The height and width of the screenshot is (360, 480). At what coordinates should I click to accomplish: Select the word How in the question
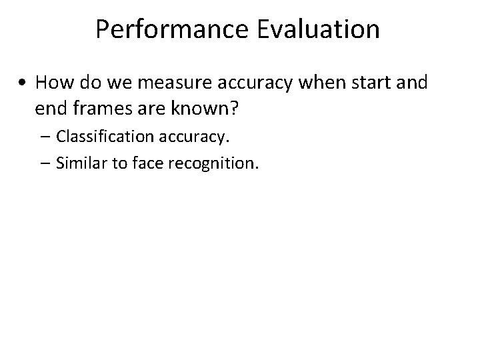[x=52, y=83]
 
